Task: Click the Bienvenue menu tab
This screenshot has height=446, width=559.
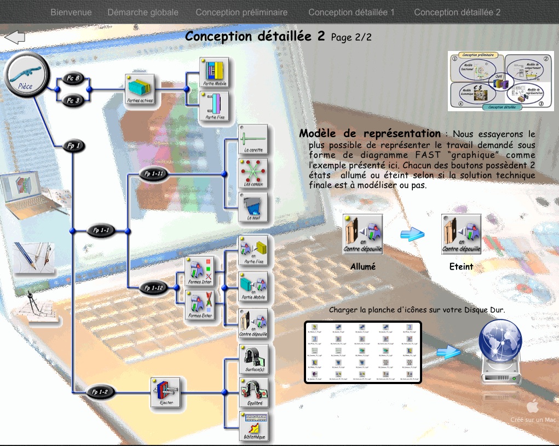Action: [x=71, y=12]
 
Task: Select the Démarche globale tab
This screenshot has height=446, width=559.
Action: [x=143, y=12]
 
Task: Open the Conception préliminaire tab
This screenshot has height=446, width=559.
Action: [x=241, y=12]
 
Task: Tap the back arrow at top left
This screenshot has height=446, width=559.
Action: [x=15, y=37]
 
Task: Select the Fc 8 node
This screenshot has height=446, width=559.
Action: [x=73, y=78]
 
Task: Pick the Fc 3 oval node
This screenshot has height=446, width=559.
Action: [x=73, y=100]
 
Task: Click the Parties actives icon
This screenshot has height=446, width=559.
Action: [x=140, y=90]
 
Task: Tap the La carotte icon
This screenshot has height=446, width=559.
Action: [x=253, y=140]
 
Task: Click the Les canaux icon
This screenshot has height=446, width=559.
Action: [x=253, y=174]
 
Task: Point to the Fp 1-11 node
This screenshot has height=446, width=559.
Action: [x=155, y=175]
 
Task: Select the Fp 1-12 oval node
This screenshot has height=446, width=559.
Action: [x=155, y=287]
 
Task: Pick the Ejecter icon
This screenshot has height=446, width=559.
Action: [x=165, y=392]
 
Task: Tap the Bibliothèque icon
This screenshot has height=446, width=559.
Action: [x=253, y=425]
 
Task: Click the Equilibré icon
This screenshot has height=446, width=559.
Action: [x=253, y=391]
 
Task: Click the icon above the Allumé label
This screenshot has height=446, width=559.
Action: [x=362, y=234]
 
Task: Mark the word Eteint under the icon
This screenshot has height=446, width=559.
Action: [x=461, y=267]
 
